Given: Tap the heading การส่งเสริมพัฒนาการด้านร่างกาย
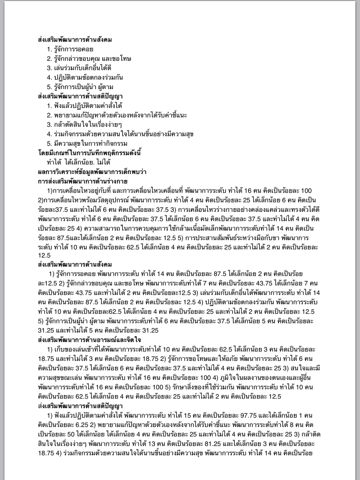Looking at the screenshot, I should tap(83, 181).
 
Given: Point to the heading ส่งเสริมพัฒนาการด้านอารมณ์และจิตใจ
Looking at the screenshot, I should tap(89, 339).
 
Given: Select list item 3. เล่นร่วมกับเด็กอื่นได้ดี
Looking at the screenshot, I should tap(79, 68).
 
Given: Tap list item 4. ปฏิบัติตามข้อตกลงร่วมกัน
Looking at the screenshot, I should tap(85, 77).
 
